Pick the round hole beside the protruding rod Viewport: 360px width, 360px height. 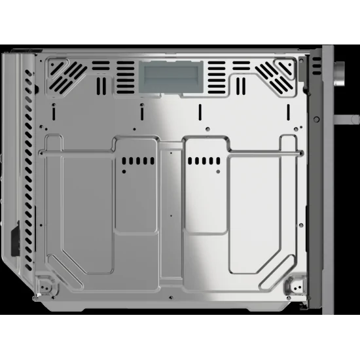coord(316,118)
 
